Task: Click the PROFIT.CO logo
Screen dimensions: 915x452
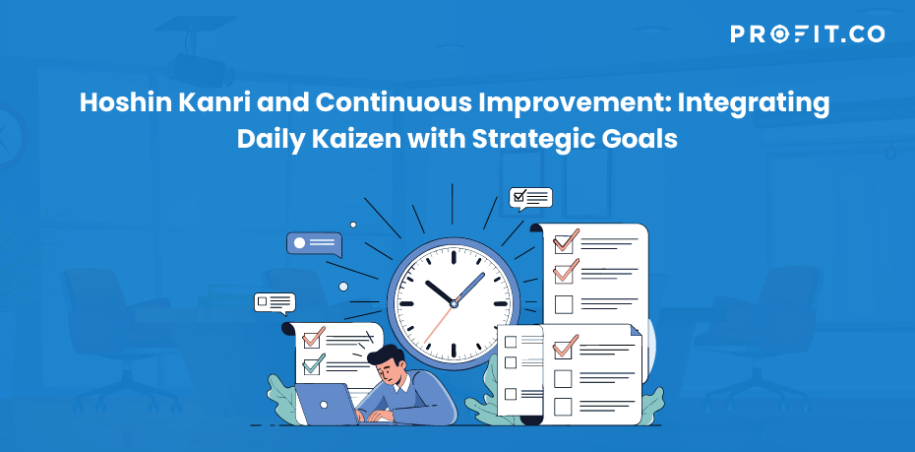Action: (807, 33)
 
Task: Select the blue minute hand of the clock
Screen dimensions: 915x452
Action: (469, 288)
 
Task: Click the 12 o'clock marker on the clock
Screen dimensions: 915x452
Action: (454, 257)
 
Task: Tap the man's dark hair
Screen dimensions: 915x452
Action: (386, 355)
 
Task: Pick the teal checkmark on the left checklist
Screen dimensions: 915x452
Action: (314, 362)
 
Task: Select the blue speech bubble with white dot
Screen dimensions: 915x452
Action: (314, 244)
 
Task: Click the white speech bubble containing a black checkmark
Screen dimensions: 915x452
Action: (530, 199)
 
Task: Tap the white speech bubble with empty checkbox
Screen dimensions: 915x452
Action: (274, 303)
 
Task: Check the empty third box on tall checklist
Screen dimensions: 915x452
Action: (564, 304)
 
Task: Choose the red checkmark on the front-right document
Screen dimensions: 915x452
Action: (565, 346)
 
